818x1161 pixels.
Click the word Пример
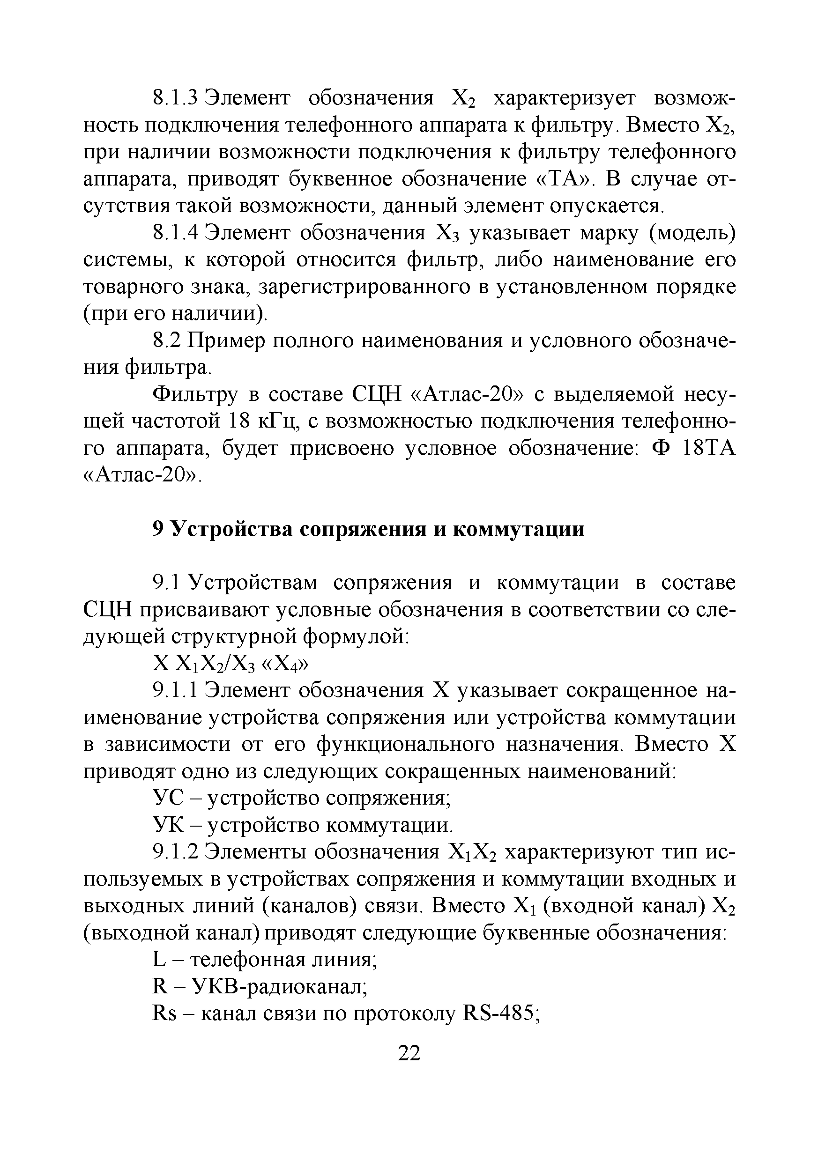coord(226,341)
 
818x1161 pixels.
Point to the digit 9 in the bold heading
coord(157,529)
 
